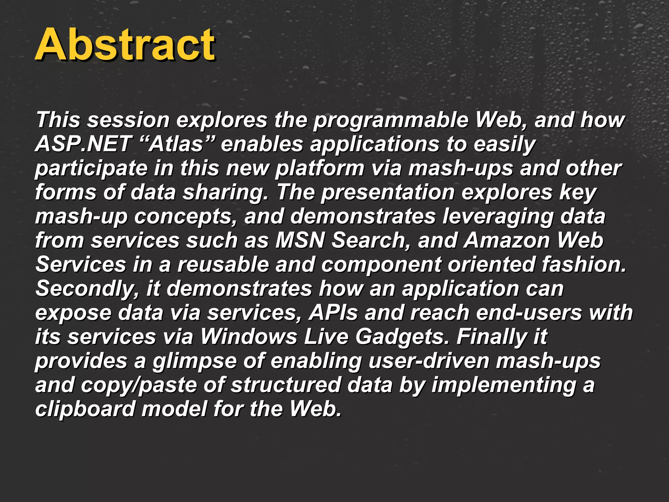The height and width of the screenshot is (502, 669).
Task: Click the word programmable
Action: (390, 120)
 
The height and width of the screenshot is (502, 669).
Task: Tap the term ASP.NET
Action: (83, 144)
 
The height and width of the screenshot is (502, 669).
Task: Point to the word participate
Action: (91, 169)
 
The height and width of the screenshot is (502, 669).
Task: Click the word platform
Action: (319, 169)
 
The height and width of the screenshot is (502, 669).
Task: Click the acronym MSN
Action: (300, 241)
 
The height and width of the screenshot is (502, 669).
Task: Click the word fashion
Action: (583, 264)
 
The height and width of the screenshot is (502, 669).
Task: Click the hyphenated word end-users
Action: (529, 313)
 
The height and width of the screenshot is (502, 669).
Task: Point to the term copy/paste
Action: (139, 385)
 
